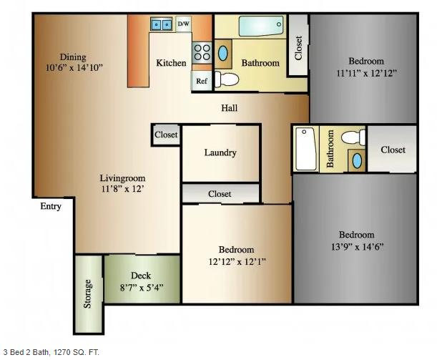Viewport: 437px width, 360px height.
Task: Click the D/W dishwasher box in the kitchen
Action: (x=183, y=24)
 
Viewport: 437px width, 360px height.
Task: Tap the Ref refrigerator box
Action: (x=202, y=81)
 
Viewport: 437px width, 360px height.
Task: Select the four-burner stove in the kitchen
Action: (x=202, y=52)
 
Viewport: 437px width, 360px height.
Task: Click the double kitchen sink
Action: (x=162, y=24)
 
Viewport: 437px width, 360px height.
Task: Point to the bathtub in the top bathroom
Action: (x=261, y=26)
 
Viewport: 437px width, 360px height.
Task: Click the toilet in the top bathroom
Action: (x=227, y=79)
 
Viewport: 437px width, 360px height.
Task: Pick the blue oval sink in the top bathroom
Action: (x=222, y=54)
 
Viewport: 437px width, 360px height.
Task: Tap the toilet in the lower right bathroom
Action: (x=353, y=137)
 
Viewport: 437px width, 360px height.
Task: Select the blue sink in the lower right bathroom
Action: (x=357, y=160)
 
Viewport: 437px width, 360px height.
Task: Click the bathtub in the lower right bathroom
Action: (x=305, y=148)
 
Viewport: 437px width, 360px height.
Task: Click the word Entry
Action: (x=51, y=206)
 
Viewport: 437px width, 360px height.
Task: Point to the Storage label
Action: (x=87, y=293)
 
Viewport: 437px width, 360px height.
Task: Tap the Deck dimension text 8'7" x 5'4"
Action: (x=142, y=287)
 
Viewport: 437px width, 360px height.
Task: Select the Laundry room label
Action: (x=220, y=152)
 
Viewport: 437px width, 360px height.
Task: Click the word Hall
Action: (x=230, y=108)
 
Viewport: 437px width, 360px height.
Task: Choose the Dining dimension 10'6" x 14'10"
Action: (x=74, y=67)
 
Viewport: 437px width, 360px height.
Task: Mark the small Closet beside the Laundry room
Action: (x=166, y=135)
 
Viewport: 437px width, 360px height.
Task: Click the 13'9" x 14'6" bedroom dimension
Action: (x=358, y=247)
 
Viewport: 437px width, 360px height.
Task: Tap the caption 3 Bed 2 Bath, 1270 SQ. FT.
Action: (x=51, y=352)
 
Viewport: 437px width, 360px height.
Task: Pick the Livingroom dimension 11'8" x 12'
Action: (x=122, y=189)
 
